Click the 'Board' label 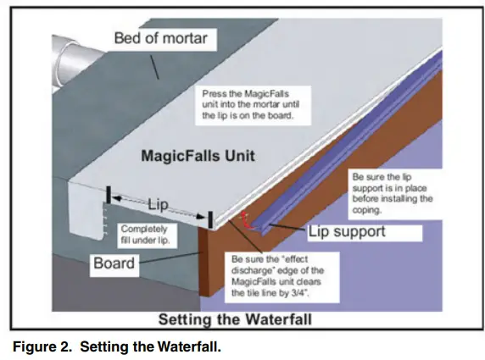[x=114, y=263]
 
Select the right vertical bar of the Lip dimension [x=209, y=219]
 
